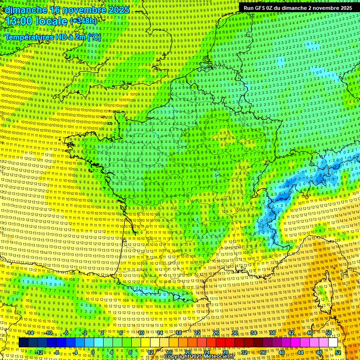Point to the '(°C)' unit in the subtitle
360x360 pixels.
tap(93, 37)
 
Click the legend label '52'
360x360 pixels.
tap(338, 352)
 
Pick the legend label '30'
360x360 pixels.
tap(235, 333)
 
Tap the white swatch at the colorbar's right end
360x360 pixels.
tap(333, 343)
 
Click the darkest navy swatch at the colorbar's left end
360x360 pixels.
tap(23, 343)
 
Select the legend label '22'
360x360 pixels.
tap(197, 333)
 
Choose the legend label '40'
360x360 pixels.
tap(282, 352)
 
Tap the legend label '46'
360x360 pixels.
tap(310, 333)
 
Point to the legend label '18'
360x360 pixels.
tap(179, 333)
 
